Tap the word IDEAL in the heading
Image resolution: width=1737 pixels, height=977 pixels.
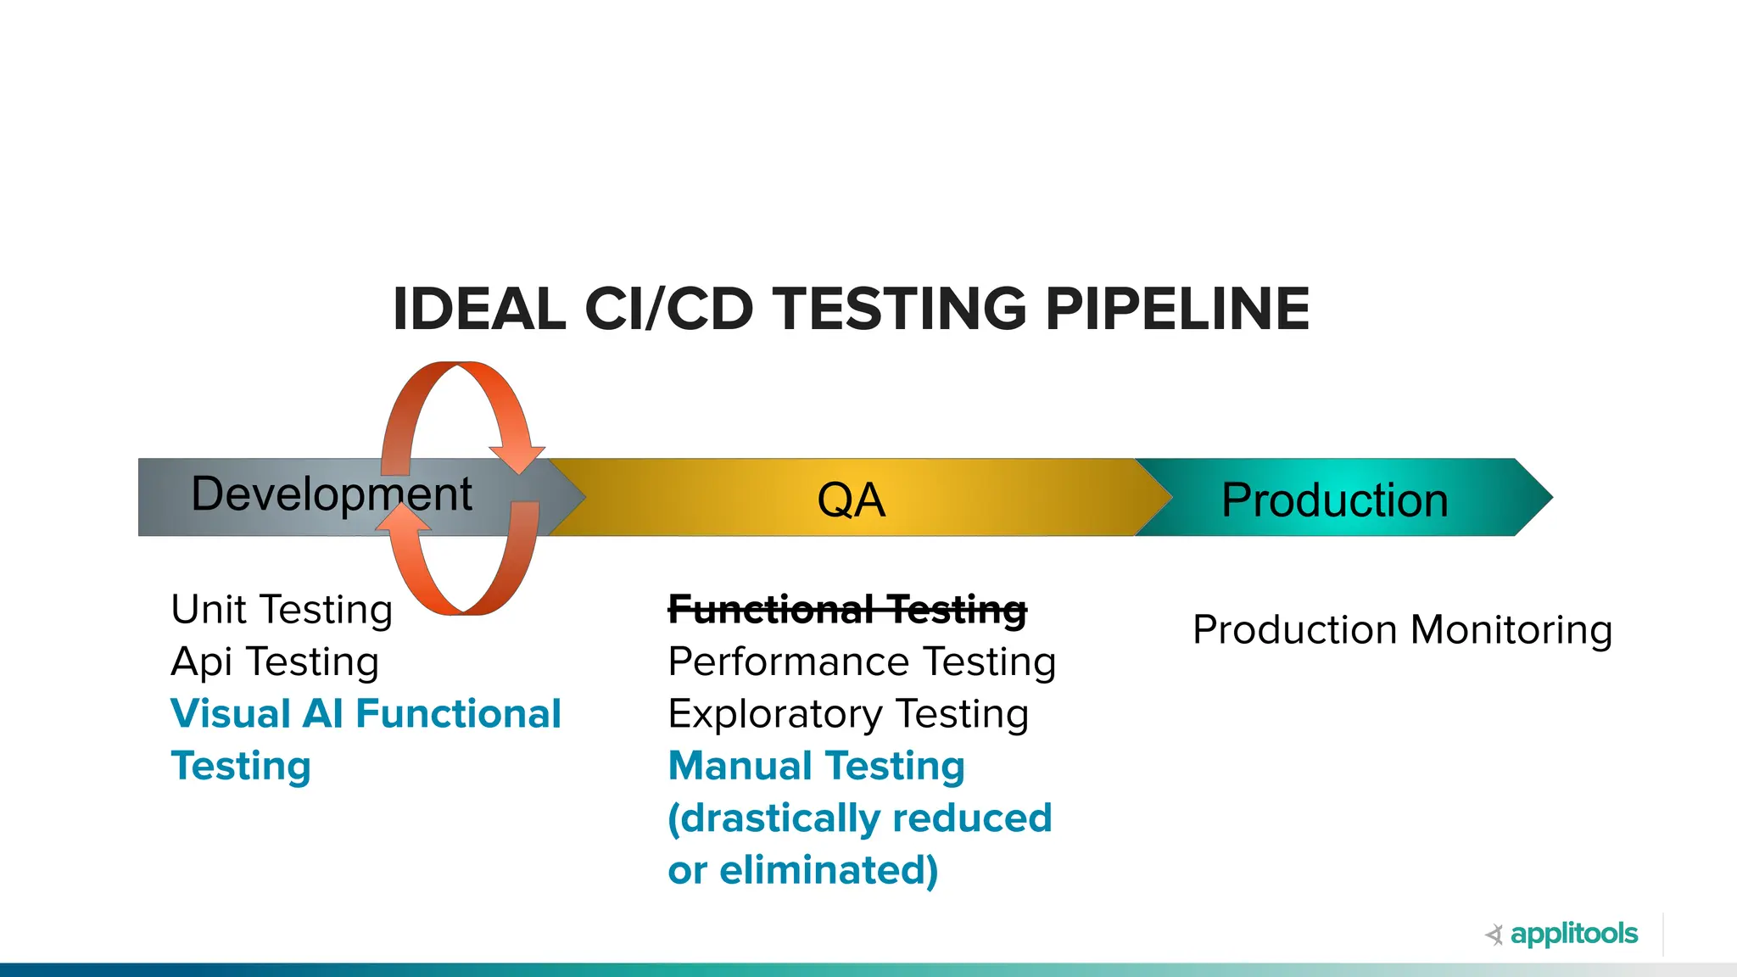[x=479, y=309]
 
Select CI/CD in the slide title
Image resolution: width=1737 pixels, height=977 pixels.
[x=668, y=309]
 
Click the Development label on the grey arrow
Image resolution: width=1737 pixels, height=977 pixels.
[x=331, y=494]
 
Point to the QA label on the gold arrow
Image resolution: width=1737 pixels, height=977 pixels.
[x=851, y=500]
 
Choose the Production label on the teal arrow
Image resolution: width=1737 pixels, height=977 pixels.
[x=1334, y=500]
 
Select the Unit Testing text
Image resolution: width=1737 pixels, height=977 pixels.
[x=282, y=610]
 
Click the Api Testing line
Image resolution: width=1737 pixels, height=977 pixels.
[x=275, y=662]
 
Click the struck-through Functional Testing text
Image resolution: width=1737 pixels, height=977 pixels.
[x=847, y=610]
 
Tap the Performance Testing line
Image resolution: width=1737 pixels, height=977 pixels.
[x=862, y=662]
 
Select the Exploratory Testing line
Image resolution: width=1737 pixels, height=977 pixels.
[x=848, y=714]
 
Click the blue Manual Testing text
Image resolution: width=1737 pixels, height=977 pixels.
[x=816, y=766]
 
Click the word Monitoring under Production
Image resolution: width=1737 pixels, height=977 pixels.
[x=1511, y=630]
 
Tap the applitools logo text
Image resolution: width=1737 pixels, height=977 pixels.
[x=1573, y=934]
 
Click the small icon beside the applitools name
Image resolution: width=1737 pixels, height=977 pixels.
[x=1494, y=935]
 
